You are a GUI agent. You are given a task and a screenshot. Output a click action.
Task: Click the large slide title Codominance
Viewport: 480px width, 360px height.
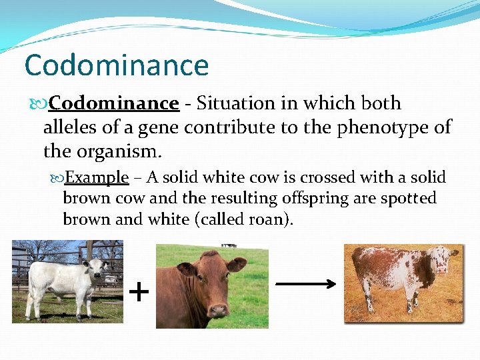click(x=117, y=65)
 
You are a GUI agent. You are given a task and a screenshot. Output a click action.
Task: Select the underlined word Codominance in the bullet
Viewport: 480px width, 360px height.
click(x=114, y=103)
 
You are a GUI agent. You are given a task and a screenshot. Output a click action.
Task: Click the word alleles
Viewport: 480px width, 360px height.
click(x=71, y=127)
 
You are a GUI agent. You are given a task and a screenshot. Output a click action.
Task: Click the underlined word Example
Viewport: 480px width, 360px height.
click(x=97, y=177)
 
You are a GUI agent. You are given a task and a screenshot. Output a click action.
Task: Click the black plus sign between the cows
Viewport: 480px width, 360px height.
click(x=138, y=291)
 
